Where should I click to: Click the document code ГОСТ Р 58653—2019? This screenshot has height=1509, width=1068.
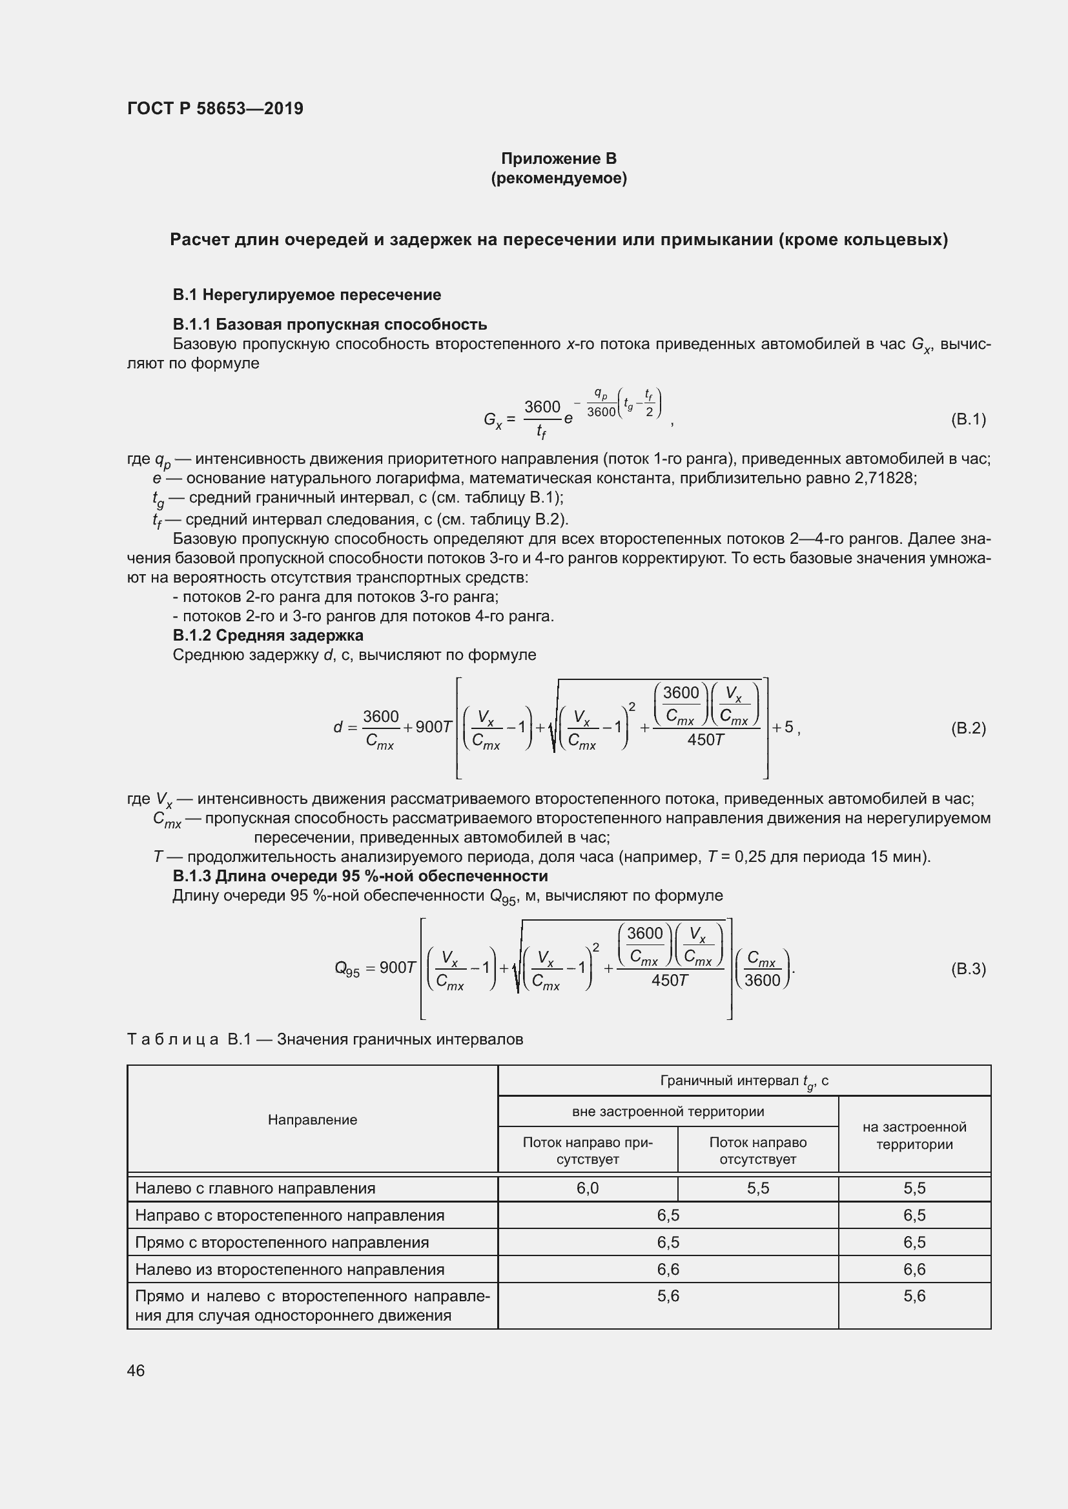pyautogui.click(x=215, y=108)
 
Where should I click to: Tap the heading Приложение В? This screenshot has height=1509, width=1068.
pyautogui.click(x=559, y=159)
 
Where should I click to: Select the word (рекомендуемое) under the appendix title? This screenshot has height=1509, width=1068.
pyautogui.click(x=559, y=178)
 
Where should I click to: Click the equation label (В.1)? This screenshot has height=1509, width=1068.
pyautogui.click(x=968, y=419)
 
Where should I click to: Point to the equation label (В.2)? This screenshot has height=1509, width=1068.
pyautogui.click(x=968, y=728)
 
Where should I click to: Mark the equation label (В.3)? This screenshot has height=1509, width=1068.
pyautogui.click(x=968, y=969)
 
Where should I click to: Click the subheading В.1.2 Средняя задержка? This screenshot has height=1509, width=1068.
pyautogui.click(x=268, y=635)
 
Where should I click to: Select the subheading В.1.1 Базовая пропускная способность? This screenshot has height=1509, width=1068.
pyautogui.click(x=329, y=324)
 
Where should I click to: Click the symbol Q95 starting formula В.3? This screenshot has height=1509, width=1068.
pyautogui.click(x=347, y=970)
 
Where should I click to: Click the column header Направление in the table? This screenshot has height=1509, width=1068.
pyautogui.click(x=313, y=1120)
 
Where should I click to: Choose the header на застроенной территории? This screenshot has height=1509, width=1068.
pyautogui.click(x=914, y=1135)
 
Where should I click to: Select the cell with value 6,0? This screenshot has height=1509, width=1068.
pyautogui.click(x=587, y=1188)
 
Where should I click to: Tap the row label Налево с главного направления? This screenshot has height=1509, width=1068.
pyautogui.click(x=255, y=1188)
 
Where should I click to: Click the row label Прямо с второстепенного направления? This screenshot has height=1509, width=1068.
pyautogui.click(x=282, y=1242)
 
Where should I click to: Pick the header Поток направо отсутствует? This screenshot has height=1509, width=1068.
pyautogui.click(x=757, y=1151)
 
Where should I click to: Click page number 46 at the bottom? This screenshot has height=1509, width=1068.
pyautogui.click(x=136, y=1370)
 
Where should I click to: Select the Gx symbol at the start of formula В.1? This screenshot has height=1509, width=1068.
pyautogui.click(x=493, y=419)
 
